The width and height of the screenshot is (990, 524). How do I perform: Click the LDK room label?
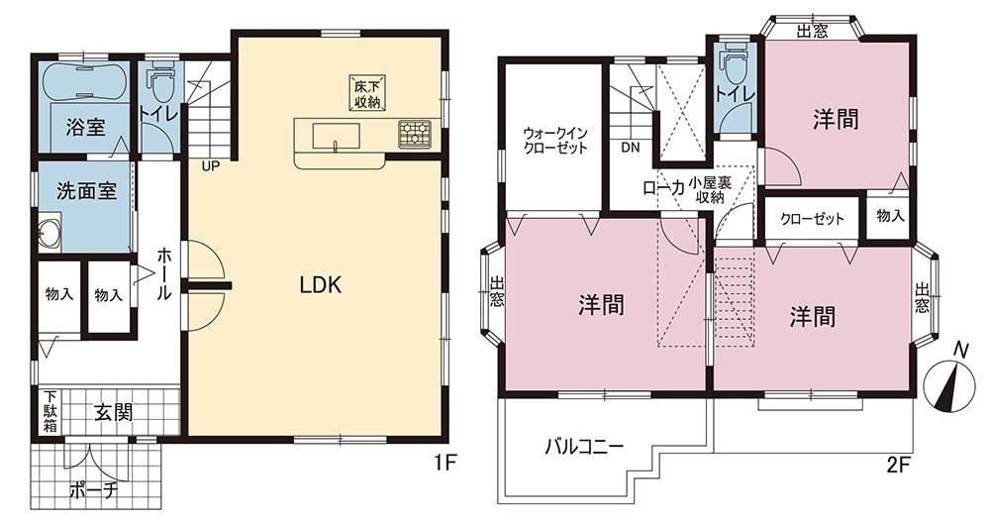[320, 285]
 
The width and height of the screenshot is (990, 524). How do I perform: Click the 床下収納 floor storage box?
[367, 93]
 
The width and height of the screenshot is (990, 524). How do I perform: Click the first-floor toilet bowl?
[160, 84]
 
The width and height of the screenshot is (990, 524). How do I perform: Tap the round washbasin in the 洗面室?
[49, 233]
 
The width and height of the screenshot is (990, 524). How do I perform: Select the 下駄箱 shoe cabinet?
[49, 411]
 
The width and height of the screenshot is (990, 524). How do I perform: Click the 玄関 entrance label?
[114, 413]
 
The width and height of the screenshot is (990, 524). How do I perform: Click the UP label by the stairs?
[211, 167]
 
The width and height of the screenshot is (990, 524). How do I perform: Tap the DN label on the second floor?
[630, 149]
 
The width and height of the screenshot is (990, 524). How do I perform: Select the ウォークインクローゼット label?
[555, 141]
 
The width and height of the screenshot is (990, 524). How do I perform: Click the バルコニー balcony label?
[585, 448]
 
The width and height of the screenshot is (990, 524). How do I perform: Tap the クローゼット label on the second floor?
[812, 219]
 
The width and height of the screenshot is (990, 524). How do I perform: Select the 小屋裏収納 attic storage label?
[710, 190]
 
